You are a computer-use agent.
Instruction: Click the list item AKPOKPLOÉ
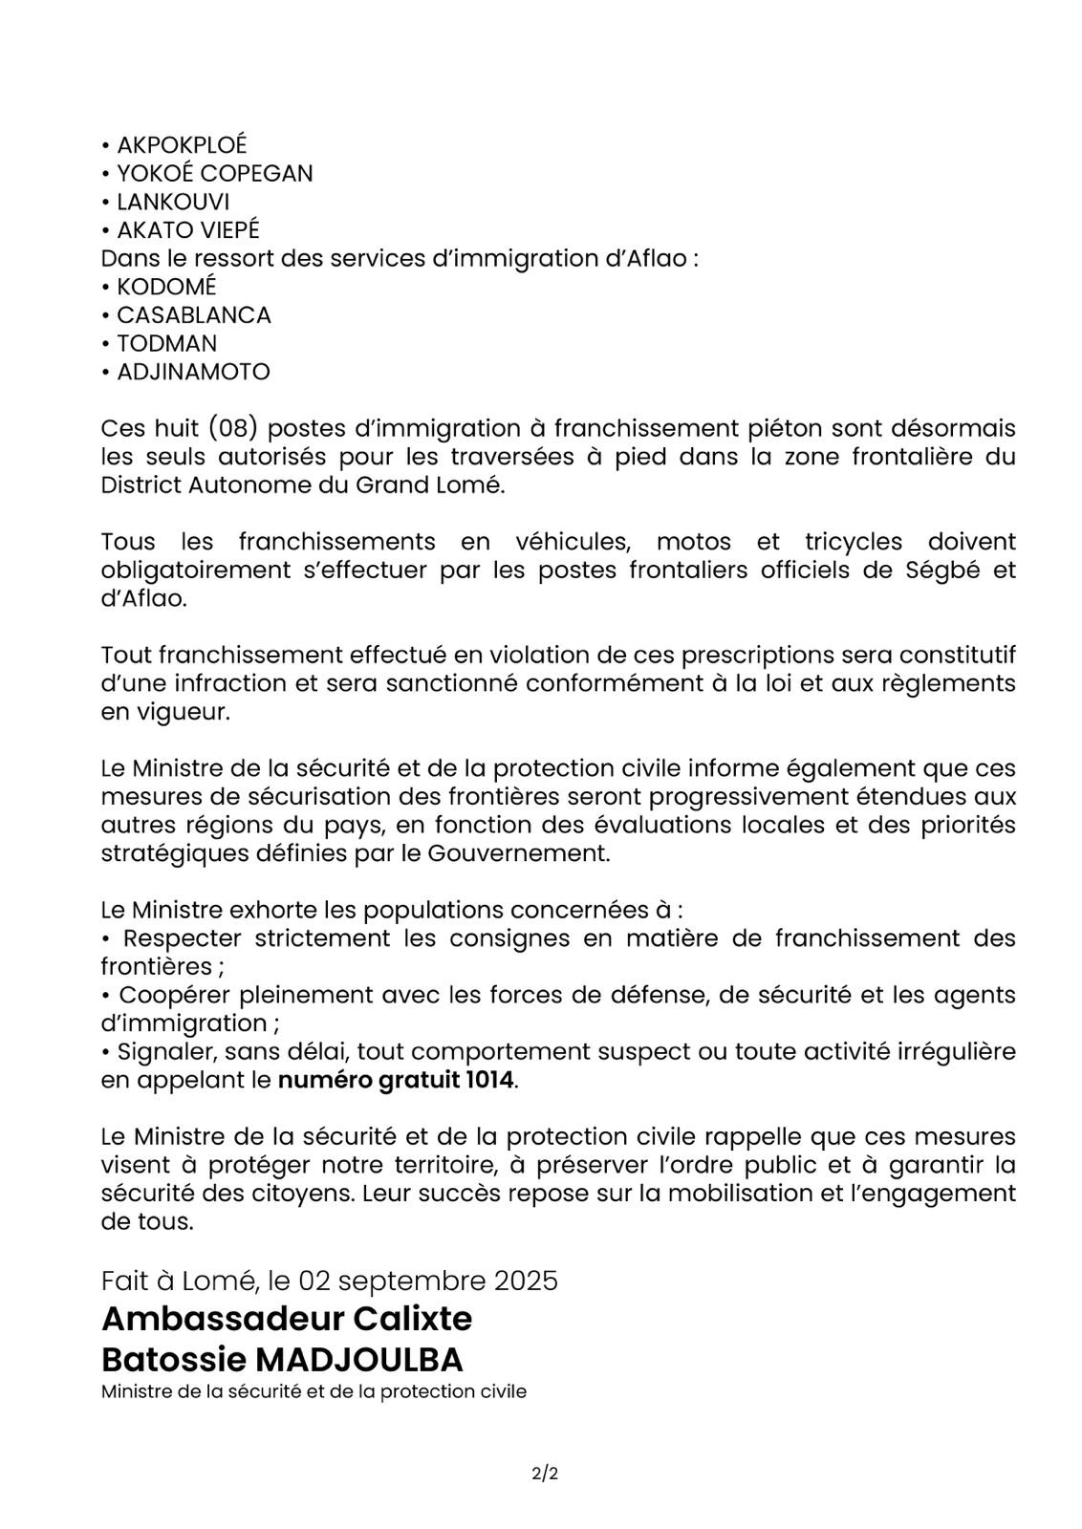(x=182, y=144)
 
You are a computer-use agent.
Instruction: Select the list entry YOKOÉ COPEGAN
(x=214, y=173)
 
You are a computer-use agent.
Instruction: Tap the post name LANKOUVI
(x=173, y=202)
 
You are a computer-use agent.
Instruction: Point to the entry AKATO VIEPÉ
(x=188, y=230)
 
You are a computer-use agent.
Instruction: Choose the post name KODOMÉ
(x=166, y=287)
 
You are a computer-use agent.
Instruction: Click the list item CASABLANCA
(x=194, y=315)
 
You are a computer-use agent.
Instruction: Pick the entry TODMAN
(x=166, y=343)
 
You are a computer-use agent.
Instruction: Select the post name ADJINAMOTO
(x=193, y=372)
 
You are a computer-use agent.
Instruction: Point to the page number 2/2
(x=545, y=1474)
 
